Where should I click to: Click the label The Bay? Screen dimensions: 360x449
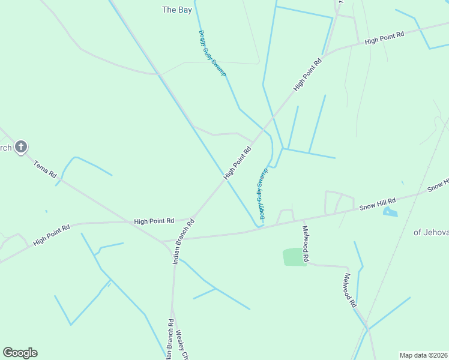tap(177, 10)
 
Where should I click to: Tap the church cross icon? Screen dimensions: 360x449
tap(21, 146)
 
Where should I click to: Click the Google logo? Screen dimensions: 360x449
tap(20, 353)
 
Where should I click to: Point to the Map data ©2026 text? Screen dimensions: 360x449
tap(424, 355)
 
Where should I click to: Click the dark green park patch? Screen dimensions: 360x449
tap(294, 257)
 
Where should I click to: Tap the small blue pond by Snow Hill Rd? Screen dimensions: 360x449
tap(390, 211)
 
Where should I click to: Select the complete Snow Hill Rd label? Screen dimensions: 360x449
tap(378, 204)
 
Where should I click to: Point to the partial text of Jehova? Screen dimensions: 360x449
tap(430, 232)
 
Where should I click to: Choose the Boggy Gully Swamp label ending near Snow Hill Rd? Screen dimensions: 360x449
tap(262, 194)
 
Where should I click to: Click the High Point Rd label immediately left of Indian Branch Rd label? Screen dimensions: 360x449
tap(154, 221)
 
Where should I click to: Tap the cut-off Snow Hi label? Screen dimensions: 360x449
tap(438, 185)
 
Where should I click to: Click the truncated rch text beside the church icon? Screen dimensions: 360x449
tap(5, 148)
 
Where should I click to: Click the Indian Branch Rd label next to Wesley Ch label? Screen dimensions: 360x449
tap(170, 339)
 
